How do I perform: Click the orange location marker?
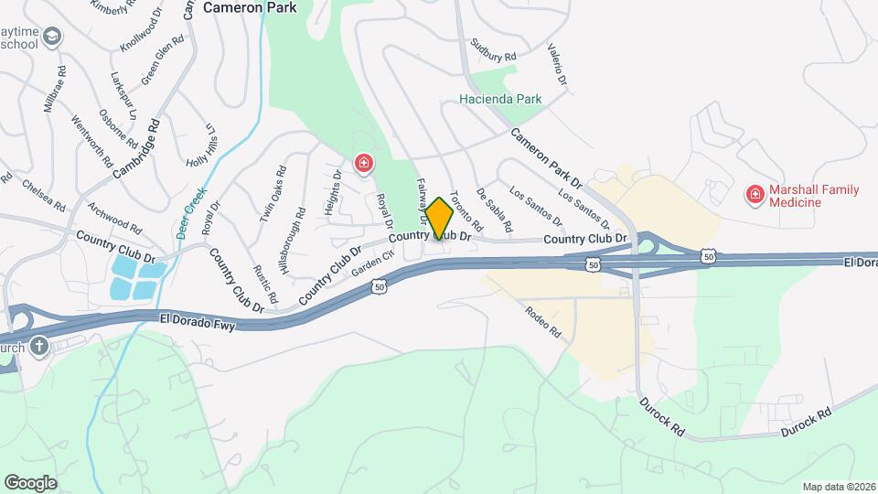[x=439, y=220]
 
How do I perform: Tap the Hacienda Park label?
[x=500, y=99]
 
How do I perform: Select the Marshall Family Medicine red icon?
[x=755, y=193]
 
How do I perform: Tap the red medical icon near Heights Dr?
[x=364, y=164]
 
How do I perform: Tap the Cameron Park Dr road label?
[x=547, y=153]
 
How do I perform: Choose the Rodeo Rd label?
[x=542, y=323]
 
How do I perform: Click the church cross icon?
[x=38, y=347]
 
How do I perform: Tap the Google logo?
[x=31, y=482]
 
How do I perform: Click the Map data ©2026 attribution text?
[x=839, y=487]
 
